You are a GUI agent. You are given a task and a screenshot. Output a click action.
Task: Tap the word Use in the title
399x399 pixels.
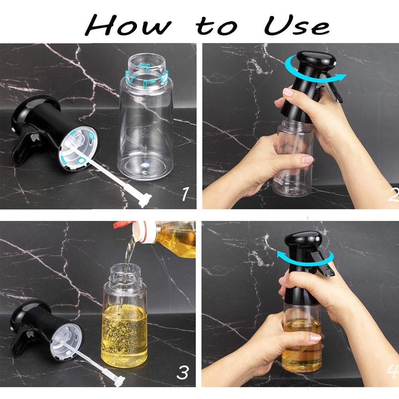tap(297, 26)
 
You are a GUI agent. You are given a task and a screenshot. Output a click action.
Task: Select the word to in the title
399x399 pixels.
tap(217, 26)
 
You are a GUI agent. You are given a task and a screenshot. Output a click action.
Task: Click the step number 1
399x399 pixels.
tap(185, 194)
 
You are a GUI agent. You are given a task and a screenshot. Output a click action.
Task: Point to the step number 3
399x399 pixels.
tap(183, 372)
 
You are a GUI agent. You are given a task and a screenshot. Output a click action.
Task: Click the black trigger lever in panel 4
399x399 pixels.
tap(322, 264)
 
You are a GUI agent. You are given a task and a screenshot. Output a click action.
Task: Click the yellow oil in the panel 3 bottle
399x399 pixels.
tap(124, 336)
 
